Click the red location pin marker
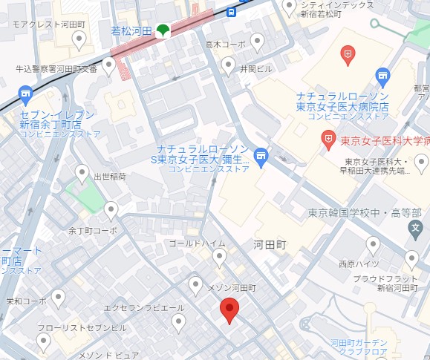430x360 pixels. (x=230, y=310)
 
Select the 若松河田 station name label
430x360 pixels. (x=131, y=30)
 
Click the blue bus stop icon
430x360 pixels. (x=232, y=12)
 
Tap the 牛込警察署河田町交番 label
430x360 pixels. (x=56, y=69)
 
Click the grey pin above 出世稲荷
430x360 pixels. (x=82, y=174)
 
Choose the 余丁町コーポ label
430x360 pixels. (x=93, y=231)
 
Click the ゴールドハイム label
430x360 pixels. (x=197, y=243)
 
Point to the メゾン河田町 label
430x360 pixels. (x=231, y=287)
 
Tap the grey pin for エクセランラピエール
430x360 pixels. (x=178, y=321)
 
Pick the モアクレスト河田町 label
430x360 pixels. (x=49, y=24)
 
